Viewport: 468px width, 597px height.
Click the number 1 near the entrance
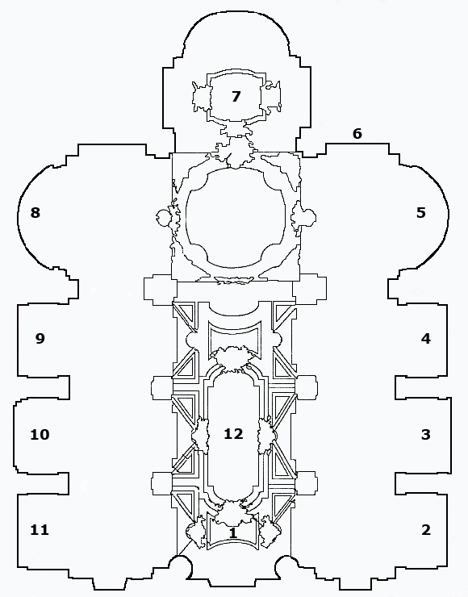[x=233, y=532]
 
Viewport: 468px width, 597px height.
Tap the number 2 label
[x=426, y=529]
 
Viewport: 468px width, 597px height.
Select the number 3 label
[x=426, y=434]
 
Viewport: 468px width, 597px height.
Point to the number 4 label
[x=426, y=338]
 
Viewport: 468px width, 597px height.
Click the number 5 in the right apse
[x=420, y=212]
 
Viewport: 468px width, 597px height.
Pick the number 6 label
[x=357, y=134]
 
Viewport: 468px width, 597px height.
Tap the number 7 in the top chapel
[x=236, y=96]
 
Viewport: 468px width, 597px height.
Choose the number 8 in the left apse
[x=35, y=212]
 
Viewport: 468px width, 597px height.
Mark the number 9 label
[x=40, y=338]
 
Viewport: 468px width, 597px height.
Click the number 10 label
[x=40, y=434]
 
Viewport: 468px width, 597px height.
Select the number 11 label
[x=40, y=529]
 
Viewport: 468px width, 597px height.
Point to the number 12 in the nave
[x=233, y=434]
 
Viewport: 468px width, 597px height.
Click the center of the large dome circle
[x=236, y=217]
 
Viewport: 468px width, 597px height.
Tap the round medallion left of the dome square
[x=162, y=218]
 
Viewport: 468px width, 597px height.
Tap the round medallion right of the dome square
[x=309, y=217]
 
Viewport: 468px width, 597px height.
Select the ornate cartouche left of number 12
[x=201, y=434]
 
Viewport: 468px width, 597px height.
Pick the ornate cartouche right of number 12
[x=266, y=434]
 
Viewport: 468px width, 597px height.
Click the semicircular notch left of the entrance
[x=182, y=563]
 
